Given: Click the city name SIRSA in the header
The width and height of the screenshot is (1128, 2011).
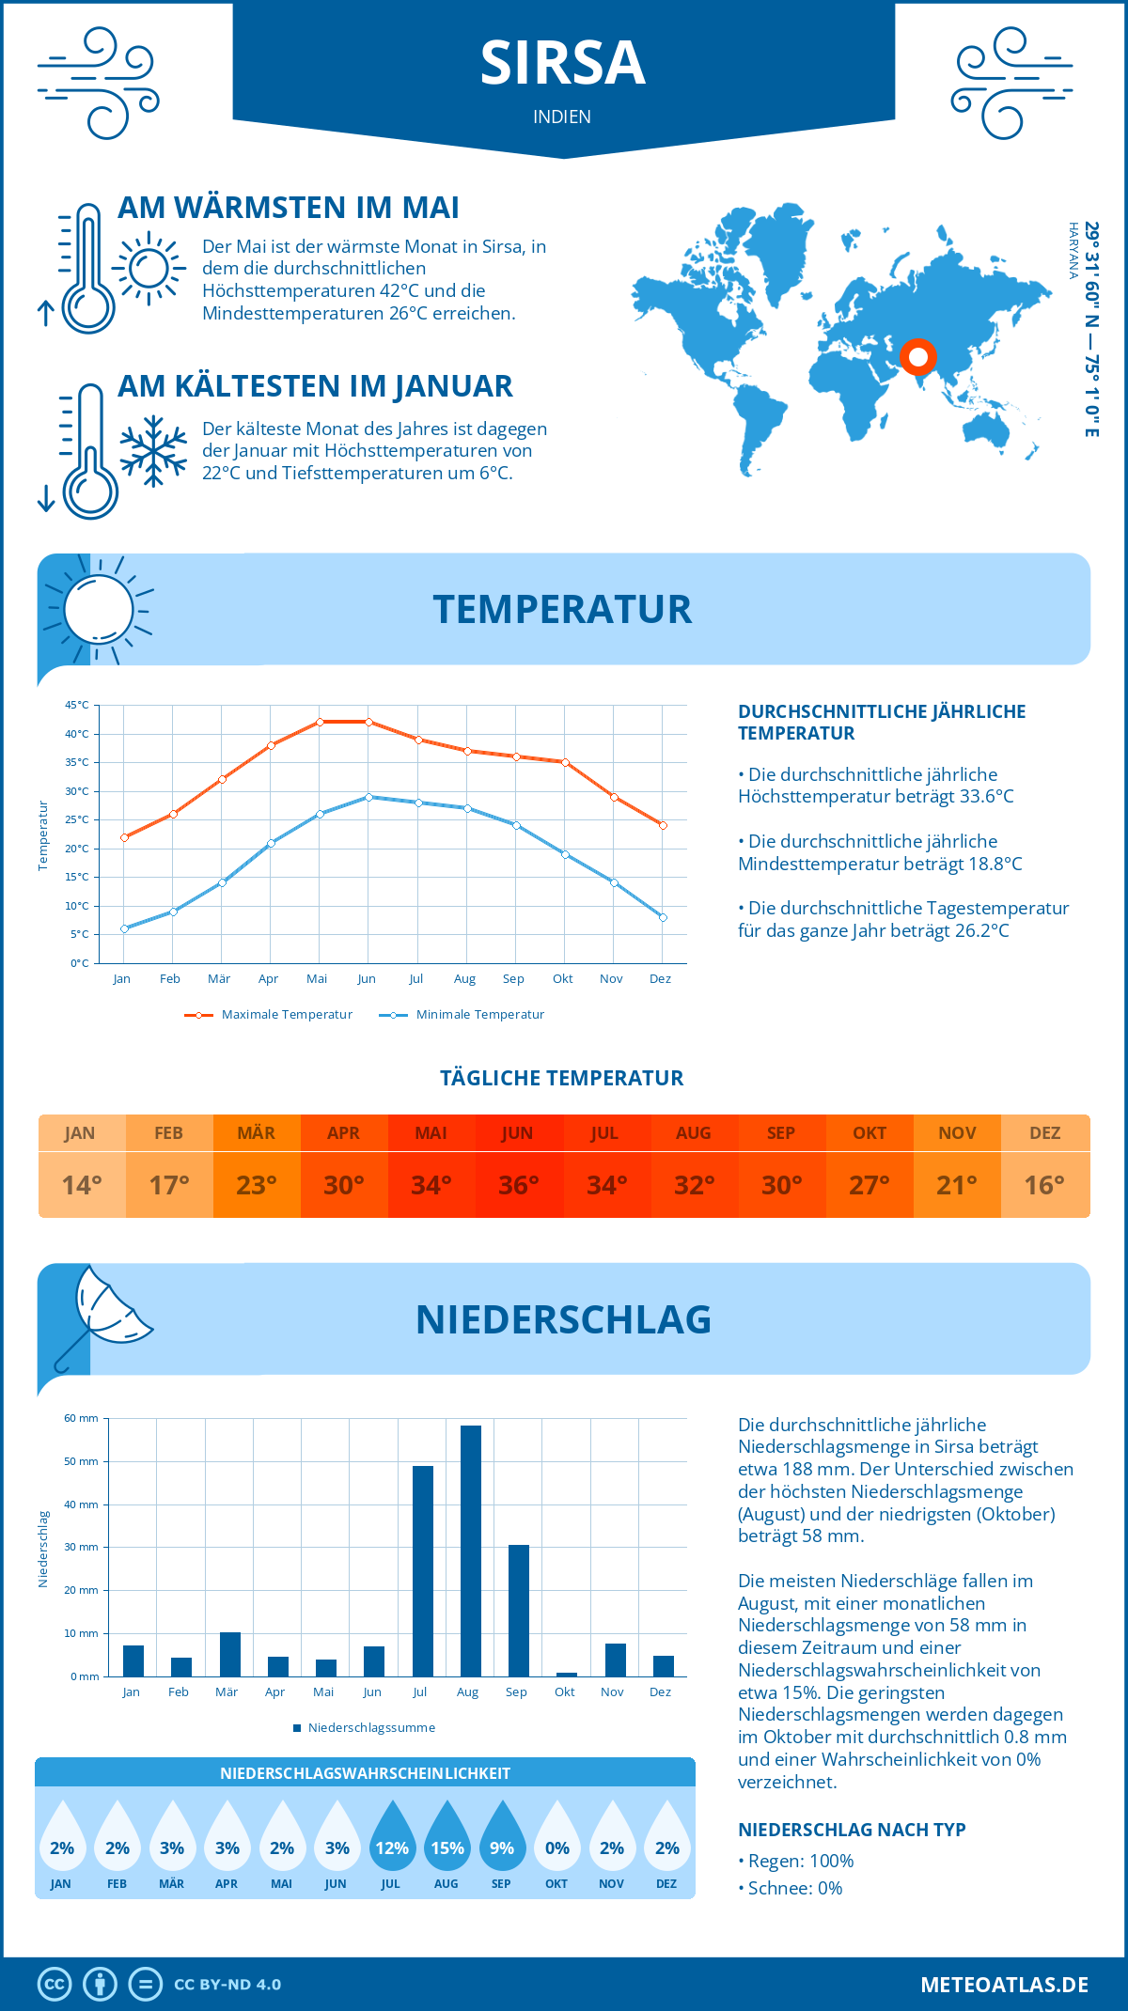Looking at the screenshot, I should [562, 63].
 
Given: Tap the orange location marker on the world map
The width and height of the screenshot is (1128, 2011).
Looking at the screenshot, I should [918, 357].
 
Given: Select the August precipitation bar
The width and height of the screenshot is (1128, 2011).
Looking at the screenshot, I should [471, 1551].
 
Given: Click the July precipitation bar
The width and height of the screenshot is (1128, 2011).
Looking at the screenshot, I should [423, 1571].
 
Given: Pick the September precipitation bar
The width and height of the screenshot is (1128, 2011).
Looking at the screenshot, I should [519, 1611].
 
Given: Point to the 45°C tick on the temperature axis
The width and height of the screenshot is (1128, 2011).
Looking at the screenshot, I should [77, 705].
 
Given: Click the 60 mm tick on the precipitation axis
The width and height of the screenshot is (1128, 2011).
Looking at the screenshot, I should [82, 1418].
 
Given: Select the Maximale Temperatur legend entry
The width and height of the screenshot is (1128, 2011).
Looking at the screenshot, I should [269, 1015].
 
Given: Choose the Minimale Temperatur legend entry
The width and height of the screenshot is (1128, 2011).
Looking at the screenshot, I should [462, 1015].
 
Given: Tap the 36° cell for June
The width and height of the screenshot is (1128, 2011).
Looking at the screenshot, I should [518, 1185].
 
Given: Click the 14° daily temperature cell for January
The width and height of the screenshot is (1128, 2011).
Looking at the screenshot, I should [82, 1185].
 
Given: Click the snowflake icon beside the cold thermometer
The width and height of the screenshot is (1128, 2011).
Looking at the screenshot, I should [153, 451].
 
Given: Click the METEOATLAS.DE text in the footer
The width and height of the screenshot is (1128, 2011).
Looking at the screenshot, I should [1004, 1985].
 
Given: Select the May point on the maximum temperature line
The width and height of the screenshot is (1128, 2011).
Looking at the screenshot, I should [320, 722].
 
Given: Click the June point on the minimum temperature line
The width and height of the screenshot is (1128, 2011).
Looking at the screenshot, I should [368, 797].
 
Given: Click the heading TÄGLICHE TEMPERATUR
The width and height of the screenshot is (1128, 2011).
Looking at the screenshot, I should [562, 1078].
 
